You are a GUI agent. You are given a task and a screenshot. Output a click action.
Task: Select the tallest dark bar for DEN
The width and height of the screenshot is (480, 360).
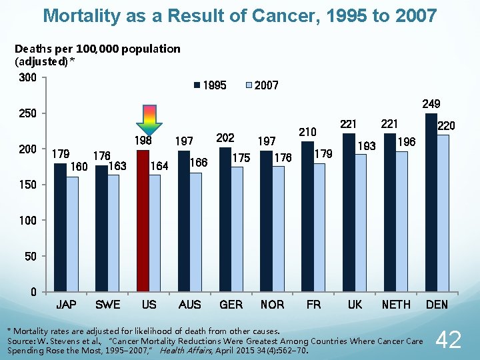[x=431, y=203]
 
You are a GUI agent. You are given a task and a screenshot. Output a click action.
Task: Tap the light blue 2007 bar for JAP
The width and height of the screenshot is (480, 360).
[x=72, y=234]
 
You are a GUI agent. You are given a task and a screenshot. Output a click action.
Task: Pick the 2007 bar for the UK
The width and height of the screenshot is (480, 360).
[x=361, y=223]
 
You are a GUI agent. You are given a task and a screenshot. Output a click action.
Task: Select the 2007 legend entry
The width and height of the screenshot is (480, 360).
[x=262, y=85]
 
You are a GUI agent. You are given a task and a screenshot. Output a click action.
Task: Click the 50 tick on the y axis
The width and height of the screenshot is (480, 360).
[x=30, y=256]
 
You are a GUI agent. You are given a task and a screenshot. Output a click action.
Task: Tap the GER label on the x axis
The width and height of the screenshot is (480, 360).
[x=231, y=305]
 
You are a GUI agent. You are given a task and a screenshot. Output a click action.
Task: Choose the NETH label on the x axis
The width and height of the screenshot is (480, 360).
[x=396, y=305]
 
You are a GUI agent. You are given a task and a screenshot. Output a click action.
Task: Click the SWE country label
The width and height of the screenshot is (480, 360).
[x=108, y=305]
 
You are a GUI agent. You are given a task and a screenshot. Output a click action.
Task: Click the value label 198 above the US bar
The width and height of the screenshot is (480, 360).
[x=143, y=141]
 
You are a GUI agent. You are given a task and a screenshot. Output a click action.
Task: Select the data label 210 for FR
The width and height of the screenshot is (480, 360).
[x=307, y=132]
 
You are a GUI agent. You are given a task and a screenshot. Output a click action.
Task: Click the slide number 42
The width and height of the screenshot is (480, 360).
[x=447, y=340]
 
